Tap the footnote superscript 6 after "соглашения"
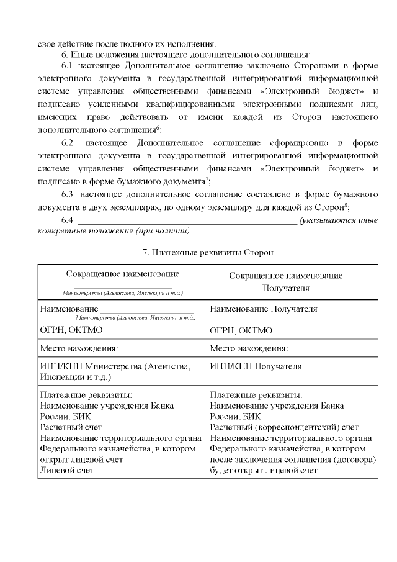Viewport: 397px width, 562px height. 159,127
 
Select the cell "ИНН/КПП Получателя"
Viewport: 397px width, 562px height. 256,367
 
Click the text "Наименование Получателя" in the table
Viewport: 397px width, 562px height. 264,309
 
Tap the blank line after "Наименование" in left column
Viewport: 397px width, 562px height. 148,309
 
